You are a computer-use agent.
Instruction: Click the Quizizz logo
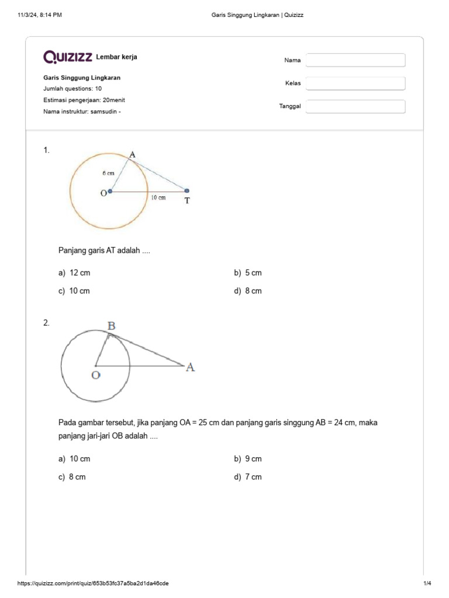tap(68, 57)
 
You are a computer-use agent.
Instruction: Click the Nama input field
tap(355, 60)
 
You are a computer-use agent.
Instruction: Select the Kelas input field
tap(355, 84)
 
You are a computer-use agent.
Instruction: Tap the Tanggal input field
tap(355, 106)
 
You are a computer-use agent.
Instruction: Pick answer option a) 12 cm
tap(74, 273)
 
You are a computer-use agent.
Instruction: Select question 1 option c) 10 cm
tap(74, 291)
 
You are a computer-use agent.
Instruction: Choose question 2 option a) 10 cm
tap(74, 459)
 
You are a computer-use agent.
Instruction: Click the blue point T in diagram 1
tap(187, 190)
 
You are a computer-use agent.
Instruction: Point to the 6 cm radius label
tap(108, 173)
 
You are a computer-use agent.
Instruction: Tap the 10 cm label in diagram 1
tap(158, 198)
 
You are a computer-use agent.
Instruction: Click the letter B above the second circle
tap(111, 326)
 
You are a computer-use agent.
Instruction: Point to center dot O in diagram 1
tap(110, 191)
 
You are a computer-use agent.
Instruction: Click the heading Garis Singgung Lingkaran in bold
tap(82, 78)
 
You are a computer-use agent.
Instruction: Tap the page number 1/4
tap(427, 583)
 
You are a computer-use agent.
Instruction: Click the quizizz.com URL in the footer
tap(94, 583)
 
